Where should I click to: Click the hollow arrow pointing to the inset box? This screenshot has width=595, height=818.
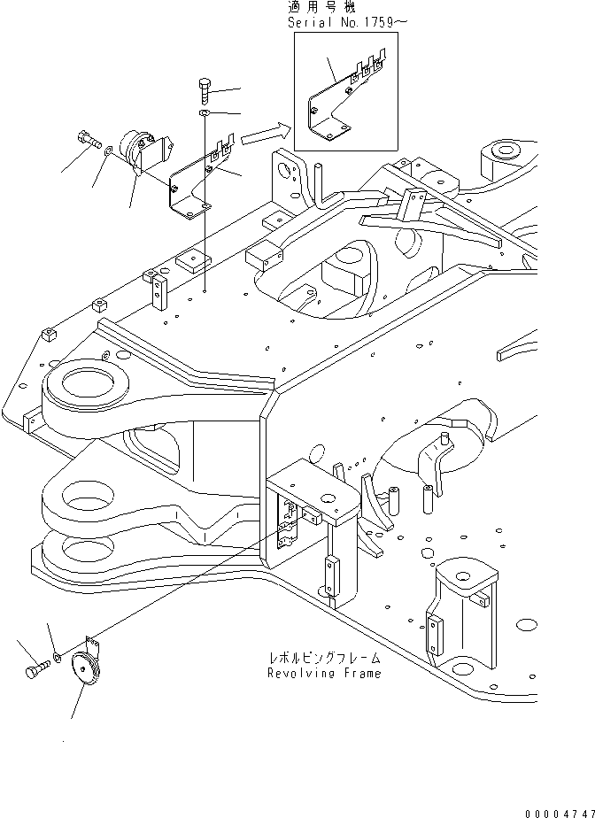[264, 134]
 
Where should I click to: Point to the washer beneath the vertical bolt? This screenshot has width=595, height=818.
[204, 114]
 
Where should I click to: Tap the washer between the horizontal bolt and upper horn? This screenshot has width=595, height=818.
[107, 152]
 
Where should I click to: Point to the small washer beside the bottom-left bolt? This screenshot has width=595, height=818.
[58, 657]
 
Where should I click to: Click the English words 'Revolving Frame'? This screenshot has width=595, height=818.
[324, 673]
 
